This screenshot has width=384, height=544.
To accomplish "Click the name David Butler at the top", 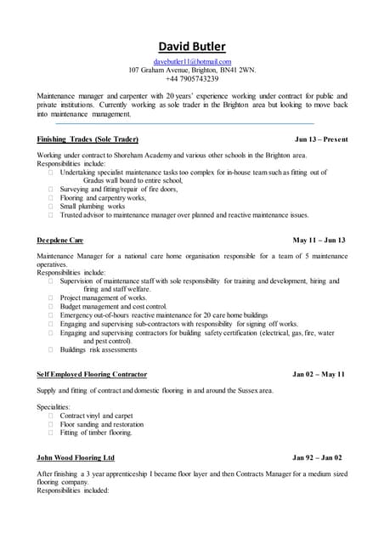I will pyautogui.click(x=191, y=46).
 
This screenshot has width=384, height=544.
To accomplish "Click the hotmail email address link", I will pyautogui.click(x=192, y=62).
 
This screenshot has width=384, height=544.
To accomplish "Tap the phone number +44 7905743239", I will pyautogui.click(x=192, y=79).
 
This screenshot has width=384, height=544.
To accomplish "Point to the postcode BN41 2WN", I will pyautogui.click(x=238, y=71).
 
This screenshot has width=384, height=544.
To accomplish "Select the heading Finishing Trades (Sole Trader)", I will pyautogui.click(x=88, y=139).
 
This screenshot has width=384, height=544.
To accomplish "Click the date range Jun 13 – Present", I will pyautogui.click(x=319, y=139).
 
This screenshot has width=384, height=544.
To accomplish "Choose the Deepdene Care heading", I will pyautogui.click(x=60, y=241).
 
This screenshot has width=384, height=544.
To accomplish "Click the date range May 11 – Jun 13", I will pyautogui.click(x=319, y=241).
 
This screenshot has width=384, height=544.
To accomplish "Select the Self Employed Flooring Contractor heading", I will pyautogui.click(x=92, y=374).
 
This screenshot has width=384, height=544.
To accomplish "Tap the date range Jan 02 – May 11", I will pyautogui.click(x=319, y=374).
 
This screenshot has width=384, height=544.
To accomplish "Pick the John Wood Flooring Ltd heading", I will pyautogui.click(x=78, y=457).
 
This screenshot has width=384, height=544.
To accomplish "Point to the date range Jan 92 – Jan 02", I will pyautogui.click(x=319, y=457).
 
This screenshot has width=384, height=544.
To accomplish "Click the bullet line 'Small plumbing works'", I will pyautogui.click(x=93, y=207).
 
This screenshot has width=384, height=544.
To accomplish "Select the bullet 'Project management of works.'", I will pyautogui.click(x=103, y=297).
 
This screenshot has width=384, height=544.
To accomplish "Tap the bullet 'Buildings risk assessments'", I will pyautogui.click(x=99, y=349).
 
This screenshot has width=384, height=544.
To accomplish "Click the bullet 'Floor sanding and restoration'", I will pyautogui.click(x=102, y=424).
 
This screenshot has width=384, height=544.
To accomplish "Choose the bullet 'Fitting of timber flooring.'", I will pyautogui.click(x=96, y=433).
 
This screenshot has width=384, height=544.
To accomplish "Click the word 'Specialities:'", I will pyautogui.click(x=54, y=406).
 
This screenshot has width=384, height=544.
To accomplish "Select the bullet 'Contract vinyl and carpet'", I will pyautogui.click(x=96, y=416).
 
